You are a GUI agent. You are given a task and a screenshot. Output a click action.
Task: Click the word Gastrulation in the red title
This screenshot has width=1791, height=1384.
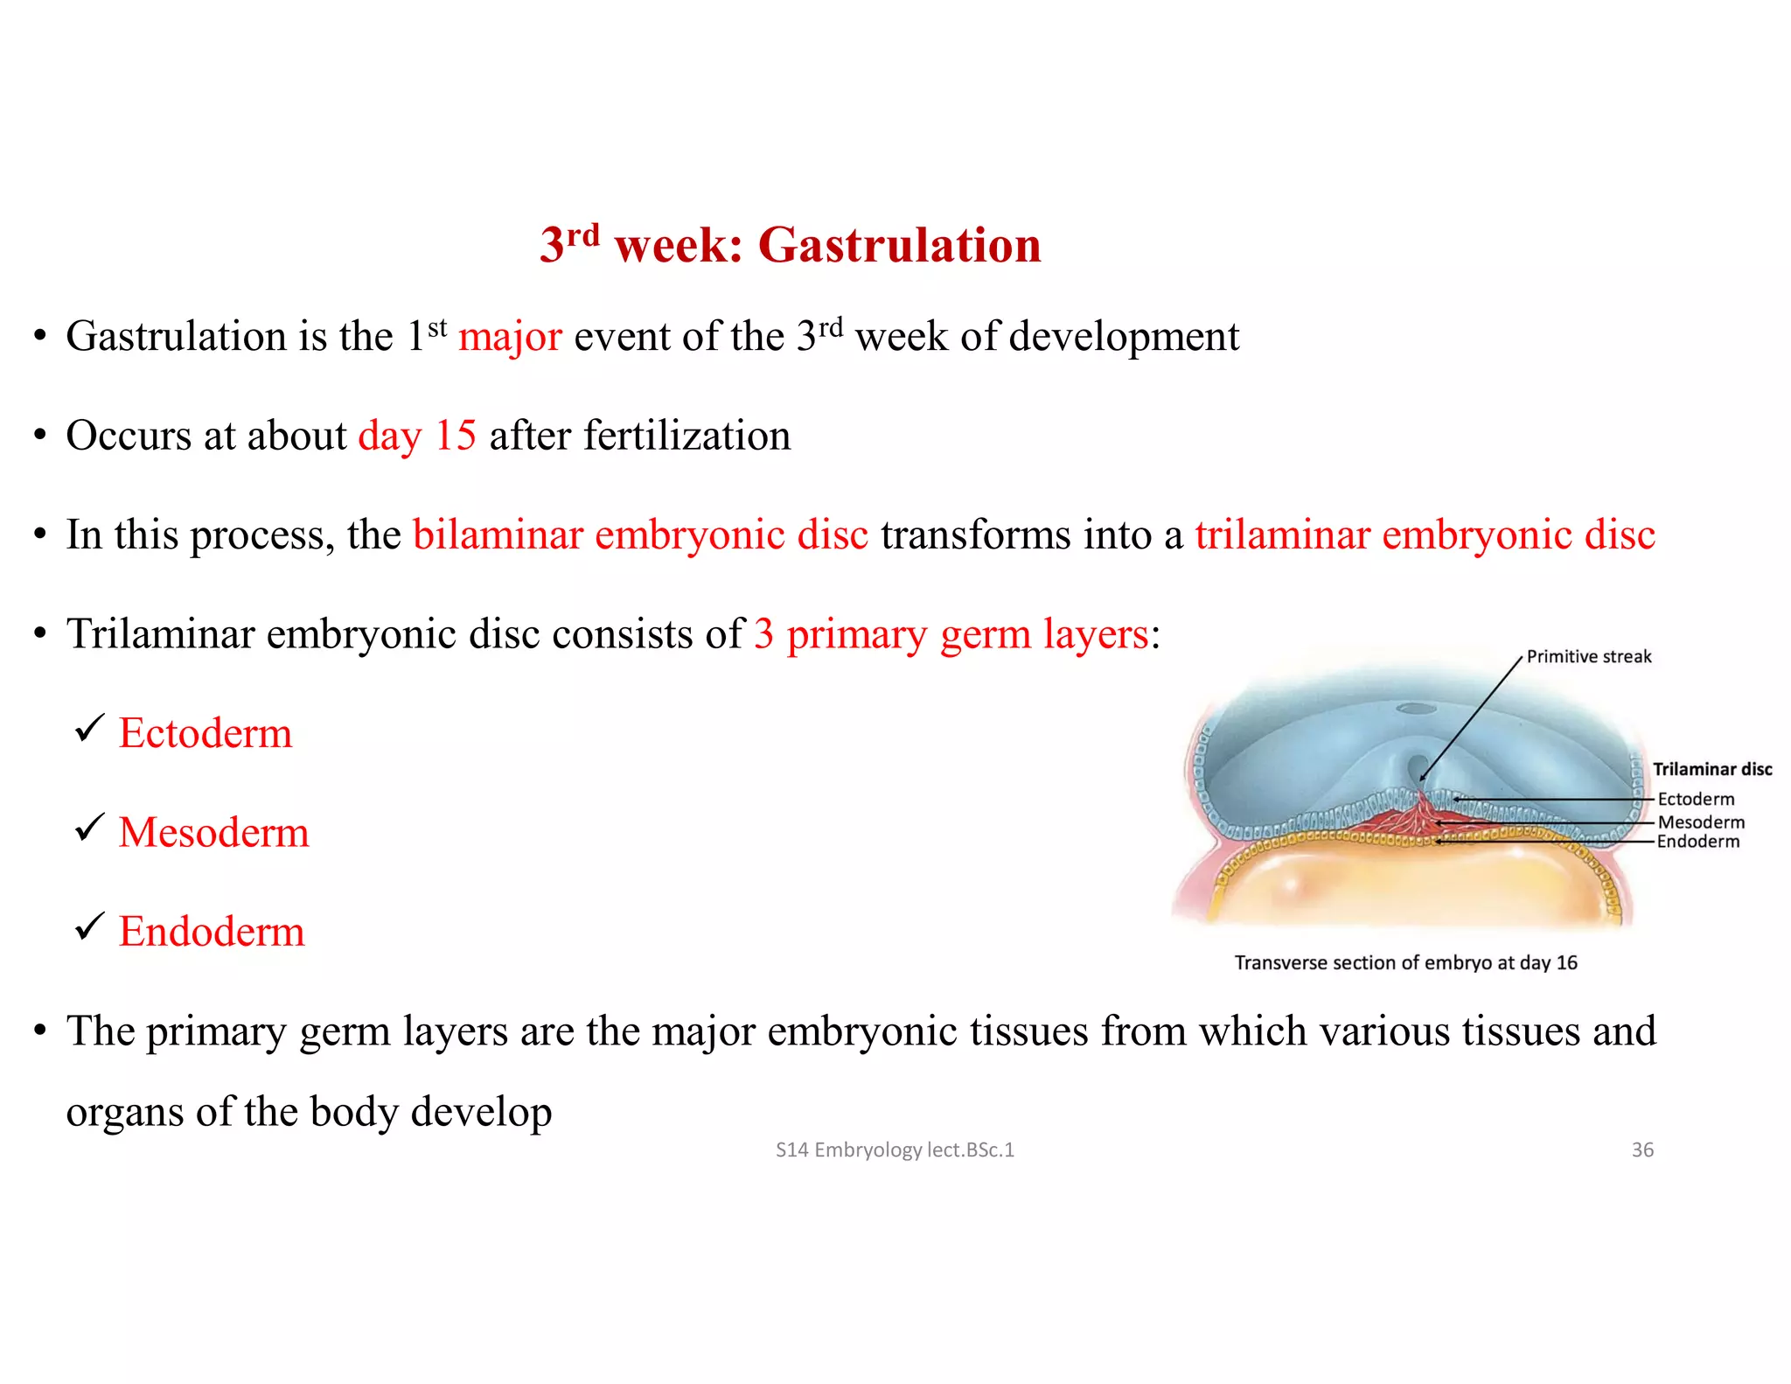tap(899, 245)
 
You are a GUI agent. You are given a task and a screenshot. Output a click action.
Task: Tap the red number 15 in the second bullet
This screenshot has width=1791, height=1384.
tap(456, 436)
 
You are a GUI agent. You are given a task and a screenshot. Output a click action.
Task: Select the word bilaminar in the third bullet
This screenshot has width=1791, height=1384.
tap(498, 535)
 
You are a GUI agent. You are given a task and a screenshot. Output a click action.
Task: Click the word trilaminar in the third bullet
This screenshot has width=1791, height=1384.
tap(1282, 535)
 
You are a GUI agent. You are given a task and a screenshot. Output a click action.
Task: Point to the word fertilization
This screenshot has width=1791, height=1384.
tap(686, 436)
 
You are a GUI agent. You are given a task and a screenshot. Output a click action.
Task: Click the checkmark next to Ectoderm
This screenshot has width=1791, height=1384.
tap(89, 728)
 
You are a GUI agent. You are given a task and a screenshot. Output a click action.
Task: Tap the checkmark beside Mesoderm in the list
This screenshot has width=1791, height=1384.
tap(89, 828)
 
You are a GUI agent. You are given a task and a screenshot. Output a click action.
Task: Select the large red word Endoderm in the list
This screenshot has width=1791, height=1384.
tap(212, 931)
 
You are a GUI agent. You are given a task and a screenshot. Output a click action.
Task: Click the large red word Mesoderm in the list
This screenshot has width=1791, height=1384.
tap(213, 832)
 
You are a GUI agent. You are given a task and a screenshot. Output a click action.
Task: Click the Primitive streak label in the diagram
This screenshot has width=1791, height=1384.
tap(1588, 657)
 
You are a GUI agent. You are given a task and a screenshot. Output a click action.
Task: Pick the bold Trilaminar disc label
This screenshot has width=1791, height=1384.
tap(1711, 770)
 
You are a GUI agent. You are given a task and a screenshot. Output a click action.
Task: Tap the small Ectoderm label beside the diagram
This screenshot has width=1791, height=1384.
tap(1696, 800)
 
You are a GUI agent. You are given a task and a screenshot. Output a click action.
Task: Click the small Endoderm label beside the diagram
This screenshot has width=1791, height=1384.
tap(1697, 842)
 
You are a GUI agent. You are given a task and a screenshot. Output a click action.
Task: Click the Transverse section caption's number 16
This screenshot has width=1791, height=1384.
tap(1566, 963)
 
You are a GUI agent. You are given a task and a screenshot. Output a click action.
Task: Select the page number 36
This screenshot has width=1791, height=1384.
tap(1642, 1150)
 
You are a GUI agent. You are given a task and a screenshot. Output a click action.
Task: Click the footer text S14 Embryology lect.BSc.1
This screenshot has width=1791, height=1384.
tap(895, 1150)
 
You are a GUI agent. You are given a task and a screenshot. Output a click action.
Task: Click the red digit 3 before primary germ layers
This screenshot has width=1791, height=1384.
tap(763, 634)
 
